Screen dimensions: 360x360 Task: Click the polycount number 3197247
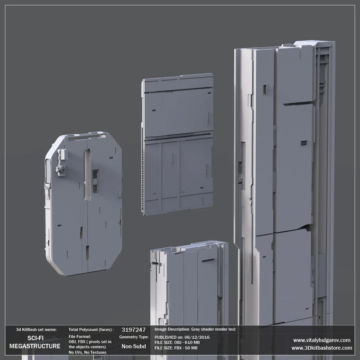click(x=133, y=330)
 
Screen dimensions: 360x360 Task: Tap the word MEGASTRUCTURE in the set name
click(x=35, y=346)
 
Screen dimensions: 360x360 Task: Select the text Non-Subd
click(x=134, y=346)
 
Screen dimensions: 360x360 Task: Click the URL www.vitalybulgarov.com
click(x=322, y=340)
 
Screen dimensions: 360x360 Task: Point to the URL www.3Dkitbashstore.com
click(x=322, y=348)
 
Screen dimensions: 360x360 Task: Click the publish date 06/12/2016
click(x=197, y=337)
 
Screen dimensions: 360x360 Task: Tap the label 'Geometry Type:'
click(x=134, y=337)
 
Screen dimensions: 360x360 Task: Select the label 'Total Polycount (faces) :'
click(x=91, y=330)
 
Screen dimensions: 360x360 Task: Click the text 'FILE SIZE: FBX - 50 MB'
click(x=176, y=348)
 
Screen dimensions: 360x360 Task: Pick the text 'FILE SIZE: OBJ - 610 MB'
click(x=177, y=342)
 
